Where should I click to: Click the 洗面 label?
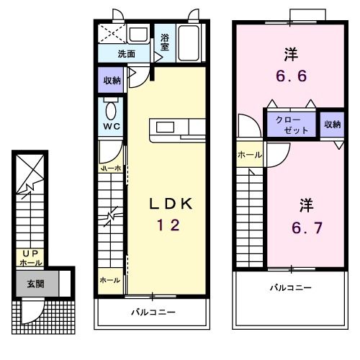tap(127, 53)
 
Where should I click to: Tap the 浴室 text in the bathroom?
tap(165, 42)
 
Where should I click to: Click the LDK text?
tap(171, 204)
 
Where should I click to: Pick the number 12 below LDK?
tap(171, 225)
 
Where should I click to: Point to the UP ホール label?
tap(30, 258)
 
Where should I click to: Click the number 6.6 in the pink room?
tap(291, 74)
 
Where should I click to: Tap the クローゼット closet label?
tap(291, 125)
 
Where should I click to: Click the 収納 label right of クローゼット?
tap(331, 125)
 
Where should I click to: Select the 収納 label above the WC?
tap(111, 80)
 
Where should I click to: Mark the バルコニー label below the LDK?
tap(153, 312)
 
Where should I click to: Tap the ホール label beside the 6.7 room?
tap(249, 153)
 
